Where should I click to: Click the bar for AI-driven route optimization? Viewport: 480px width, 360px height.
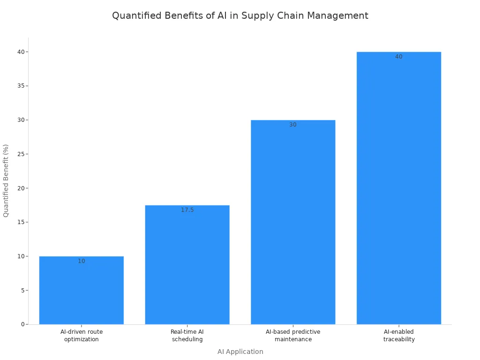(x=82, y=291)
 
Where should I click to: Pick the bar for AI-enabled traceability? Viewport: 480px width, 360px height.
(x=399, y=187)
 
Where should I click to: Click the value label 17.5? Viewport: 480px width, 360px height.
(x=187, y=210)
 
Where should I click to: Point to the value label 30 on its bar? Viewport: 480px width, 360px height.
(x=293, y=125)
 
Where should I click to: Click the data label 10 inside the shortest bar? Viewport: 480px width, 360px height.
(x=82, y=261)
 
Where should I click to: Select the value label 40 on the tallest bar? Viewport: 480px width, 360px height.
(x=399, y=57)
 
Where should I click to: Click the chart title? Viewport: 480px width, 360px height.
(x=240, y=15)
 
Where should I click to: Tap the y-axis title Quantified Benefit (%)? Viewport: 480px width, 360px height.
(x=6, y=180)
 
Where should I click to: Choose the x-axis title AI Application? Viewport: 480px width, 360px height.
(x=240, y=352)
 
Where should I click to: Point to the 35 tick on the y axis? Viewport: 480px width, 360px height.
(x=21, y=86)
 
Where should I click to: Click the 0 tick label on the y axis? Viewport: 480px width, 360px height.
(x=22, y=324)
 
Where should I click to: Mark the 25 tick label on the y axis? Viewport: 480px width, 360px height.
(x=21, y=154)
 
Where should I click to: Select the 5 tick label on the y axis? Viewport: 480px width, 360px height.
(x=22, y=290)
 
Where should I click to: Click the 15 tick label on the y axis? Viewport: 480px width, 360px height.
(x=21, y=222)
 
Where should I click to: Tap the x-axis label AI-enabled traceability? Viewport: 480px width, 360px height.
(x=399, y=336)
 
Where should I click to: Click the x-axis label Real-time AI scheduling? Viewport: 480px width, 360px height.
(x=187, y=336)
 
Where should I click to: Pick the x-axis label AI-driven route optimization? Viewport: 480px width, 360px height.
(x=82, y=336)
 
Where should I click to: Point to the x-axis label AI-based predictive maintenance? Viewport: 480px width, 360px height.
(x=293, y=336)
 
